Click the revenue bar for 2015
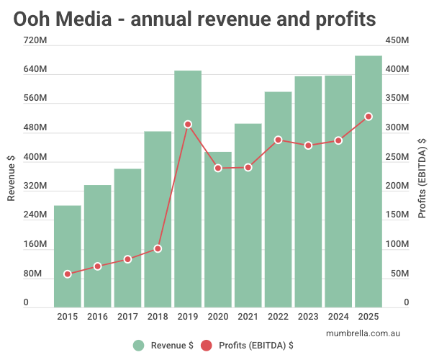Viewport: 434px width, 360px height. coord(68,256)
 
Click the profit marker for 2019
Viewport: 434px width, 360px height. coord(188,125)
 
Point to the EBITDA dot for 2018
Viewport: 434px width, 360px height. coord(158,248)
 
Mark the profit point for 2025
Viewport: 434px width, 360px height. coord(369,117)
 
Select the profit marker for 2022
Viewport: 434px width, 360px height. coord(278,140)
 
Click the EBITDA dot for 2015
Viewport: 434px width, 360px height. coord(68,274)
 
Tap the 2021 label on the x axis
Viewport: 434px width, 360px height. coord(248,317)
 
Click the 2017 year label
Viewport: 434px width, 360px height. coord(127,317)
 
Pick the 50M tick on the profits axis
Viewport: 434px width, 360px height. coord(399,274)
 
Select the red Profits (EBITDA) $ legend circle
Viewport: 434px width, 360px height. coord(207,346)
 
